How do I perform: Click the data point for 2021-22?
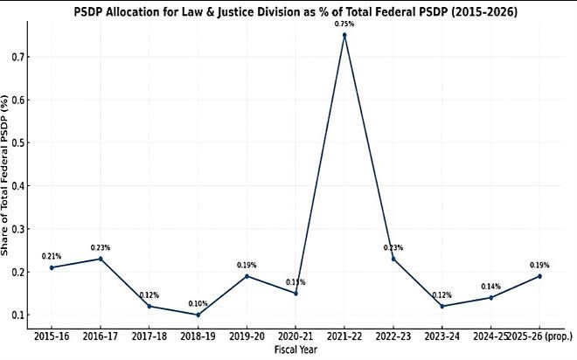pyautogui.click(x=344, y=35)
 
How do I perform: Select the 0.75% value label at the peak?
pyautogui.click(x=344, y=24)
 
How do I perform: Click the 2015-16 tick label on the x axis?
pyautogui.click(x=52, y=335)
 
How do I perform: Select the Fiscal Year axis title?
pyautogui.click(x=295, y=350)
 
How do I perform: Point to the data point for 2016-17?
pyautogui.click(x=101, y=259)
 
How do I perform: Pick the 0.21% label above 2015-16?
pyautogui.click(x=52, y=256)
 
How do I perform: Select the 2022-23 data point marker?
pyautogui.click(x=393, y=259)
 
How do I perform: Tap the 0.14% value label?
pyautogui.click(x=490, y=286)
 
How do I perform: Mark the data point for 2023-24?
pyautogui.click(x=442, y=306)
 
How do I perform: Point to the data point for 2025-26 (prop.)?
pyautogui.click(x=539, y=276)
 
